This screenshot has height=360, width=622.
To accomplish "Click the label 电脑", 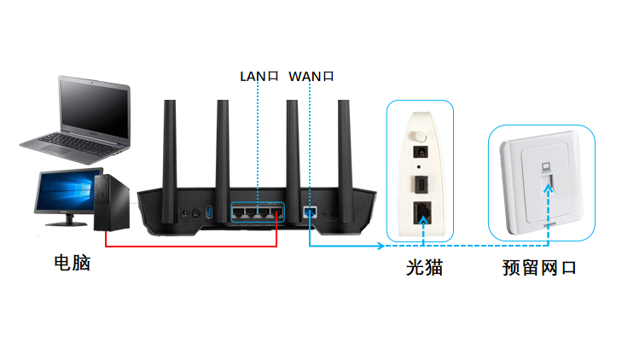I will click(71, 264).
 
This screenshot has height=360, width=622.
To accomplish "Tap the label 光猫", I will click(423, 268).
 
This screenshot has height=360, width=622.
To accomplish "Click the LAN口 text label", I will click(259, 77).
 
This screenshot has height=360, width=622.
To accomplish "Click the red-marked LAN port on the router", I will click(276, 211).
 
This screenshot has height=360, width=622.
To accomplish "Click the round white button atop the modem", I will click(418, 136).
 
